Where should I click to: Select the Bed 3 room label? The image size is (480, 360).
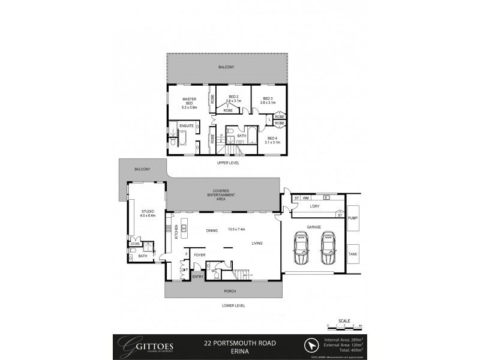[268, 100]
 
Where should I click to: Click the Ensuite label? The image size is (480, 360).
[186, 126]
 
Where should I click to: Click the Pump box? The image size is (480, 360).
[353, 218]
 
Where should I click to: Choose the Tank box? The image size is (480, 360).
[353, 254]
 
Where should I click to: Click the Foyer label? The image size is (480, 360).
[199, 254]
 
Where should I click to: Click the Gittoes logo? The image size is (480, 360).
[146, 346]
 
